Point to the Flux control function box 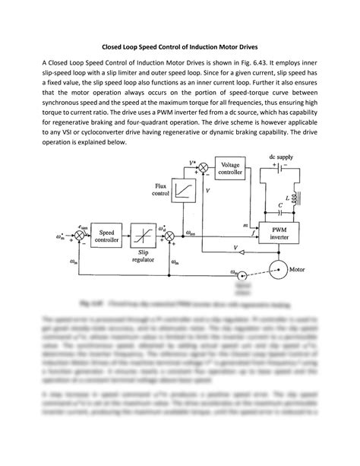click(x=183, y=189)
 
